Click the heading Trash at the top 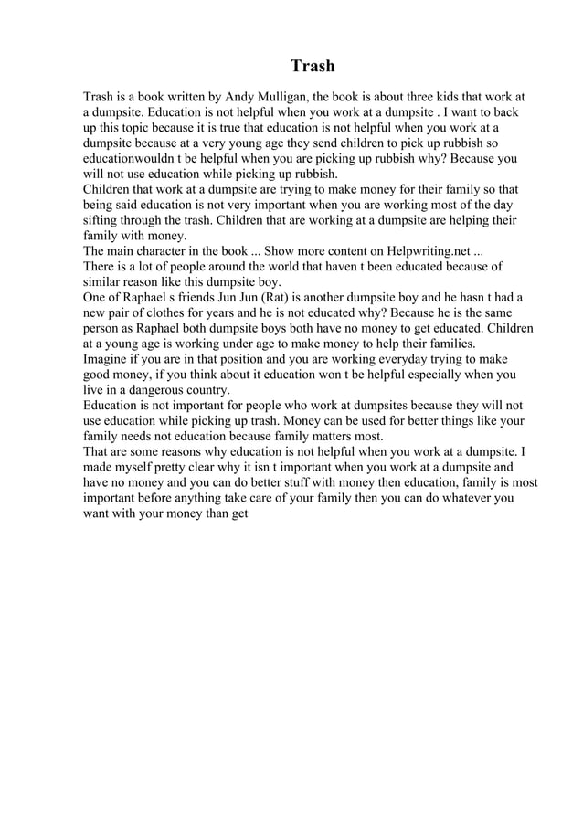313,66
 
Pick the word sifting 102,220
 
